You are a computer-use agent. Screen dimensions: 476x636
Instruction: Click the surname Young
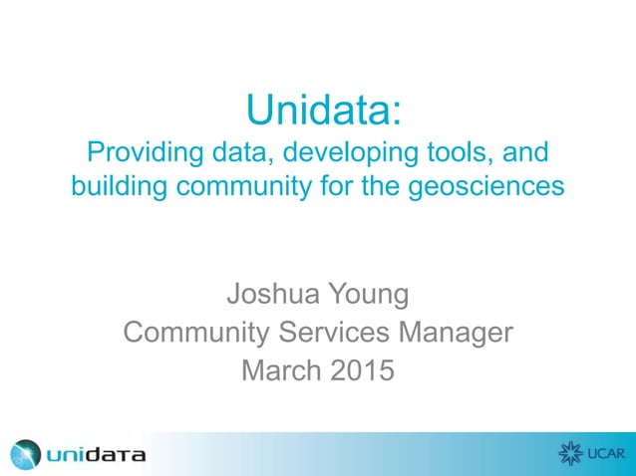[368, 296]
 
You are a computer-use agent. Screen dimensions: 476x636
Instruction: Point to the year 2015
[360, 369]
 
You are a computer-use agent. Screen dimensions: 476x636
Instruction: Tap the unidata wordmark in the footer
[96, 455]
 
